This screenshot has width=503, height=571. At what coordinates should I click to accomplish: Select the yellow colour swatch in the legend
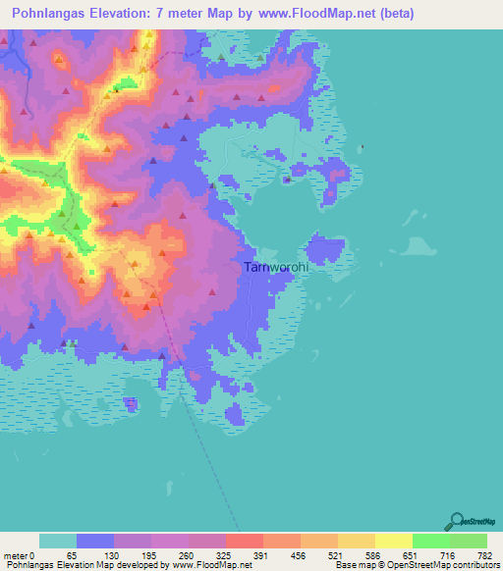[393, 541]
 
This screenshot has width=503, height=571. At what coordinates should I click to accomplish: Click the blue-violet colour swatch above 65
[94, 541]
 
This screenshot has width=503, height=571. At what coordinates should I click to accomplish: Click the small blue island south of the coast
[130, 402]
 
